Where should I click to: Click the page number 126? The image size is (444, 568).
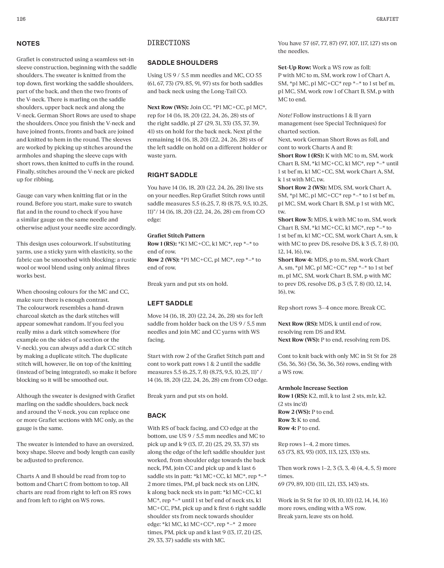(21, 19)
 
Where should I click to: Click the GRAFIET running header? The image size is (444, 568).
(387, 19)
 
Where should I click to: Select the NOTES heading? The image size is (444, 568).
(28, 44)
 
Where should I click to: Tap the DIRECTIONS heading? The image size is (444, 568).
(168, 43)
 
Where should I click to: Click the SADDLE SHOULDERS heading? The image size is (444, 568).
(183, 63)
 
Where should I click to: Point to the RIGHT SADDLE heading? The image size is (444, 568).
(172, 175)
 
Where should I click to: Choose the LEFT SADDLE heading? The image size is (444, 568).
(170, 303)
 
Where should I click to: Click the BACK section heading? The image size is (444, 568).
(157, 416)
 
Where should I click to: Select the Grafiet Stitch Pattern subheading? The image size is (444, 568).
(176, 236)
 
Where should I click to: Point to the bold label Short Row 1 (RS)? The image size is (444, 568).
(301, 156)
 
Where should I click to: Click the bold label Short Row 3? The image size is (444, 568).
(295, 220)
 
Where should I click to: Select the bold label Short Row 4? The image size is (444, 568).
(295, 260)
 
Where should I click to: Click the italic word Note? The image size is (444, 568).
(285, 115)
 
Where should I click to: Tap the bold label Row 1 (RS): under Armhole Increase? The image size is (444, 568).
(293, 396)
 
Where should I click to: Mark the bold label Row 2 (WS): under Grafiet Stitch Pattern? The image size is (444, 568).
(163, 260)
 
